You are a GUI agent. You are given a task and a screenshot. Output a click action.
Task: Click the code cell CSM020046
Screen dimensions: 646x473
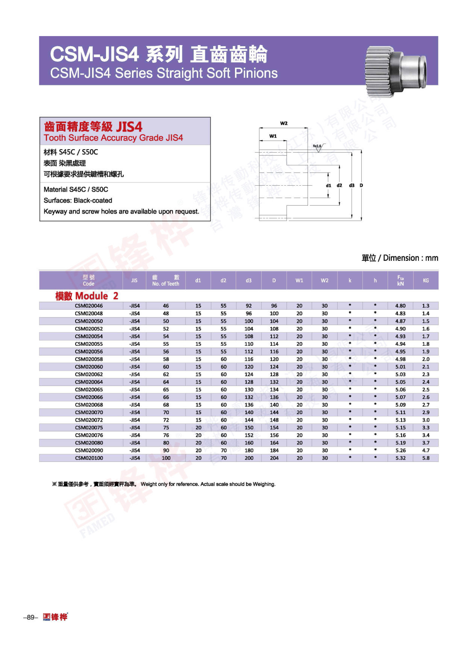(89, 306)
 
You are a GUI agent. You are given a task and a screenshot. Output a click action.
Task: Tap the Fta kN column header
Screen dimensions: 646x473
(400, 280)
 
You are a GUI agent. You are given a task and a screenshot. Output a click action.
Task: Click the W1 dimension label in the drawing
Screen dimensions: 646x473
(273, 136)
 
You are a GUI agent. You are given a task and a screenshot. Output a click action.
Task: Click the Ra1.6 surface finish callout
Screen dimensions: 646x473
(317, 146)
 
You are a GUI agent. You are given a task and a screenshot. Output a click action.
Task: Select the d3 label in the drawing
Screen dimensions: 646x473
(352, 185)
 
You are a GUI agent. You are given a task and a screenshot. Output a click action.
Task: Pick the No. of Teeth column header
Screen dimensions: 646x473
(166, 280)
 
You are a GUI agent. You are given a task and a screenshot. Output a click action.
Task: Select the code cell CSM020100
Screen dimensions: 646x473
(89, 458)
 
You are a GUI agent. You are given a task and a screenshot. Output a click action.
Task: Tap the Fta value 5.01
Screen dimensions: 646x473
(400, 367)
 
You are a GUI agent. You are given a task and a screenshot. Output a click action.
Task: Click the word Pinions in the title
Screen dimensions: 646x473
(256, 73)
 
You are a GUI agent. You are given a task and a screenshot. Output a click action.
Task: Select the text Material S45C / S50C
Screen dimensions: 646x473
(76, 190)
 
